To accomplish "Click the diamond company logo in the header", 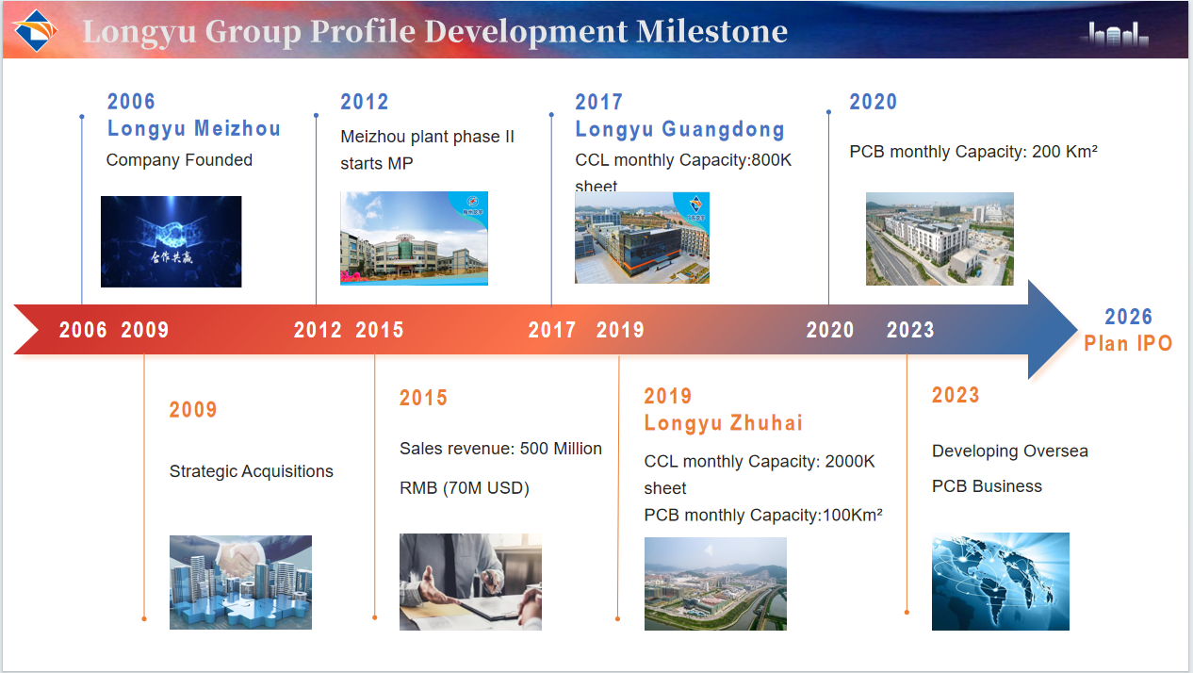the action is click(x=35, y=30).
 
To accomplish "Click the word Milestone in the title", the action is click(x=712, y=31).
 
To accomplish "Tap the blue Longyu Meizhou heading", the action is click(x=194, y=129).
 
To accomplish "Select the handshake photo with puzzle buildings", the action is click(x=240, y=583).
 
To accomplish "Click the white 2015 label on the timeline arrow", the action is click(x=380, y=330).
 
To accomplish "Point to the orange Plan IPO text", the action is click(x=1128, y=344).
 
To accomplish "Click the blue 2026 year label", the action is click(x=1129, y=317).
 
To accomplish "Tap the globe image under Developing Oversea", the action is click(x=1000, y=582).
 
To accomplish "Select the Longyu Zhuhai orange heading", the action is click(x=724, y=423).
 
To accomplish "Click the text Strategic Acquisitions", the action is click(x=252, y=471).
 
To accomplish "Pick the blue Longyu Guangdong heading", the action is click(x=680, y=129).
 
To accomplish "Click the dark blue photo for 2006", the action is click(x=171, y=241).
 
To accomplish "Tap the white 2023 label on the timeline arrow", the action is click(x=910, y=330).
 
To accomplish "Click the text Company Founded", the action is click(x=179, y=160).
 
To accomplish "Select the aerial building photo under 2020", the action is click(x=940, y=238).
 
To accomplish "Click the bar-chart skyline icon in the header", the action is click(x=1114, y=35).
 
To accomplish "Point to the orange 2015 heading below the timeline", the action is click(x=423, y=398).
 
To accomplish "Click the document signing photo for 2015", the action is click(x=470, y=582).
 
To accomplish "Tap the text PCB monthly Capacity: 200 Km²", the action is click(x=973, y=152).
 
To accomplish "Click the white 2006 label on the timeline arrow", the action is click(x=83, y=330).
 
